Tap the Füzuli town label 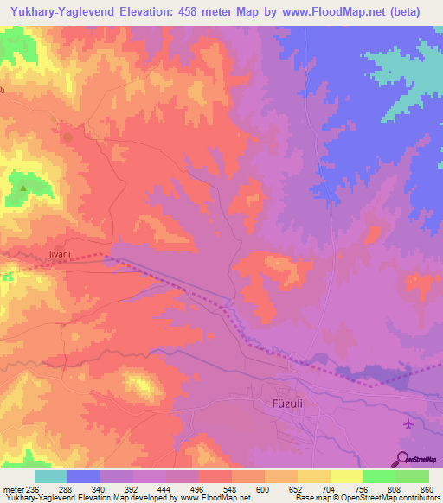[x=280, y=404]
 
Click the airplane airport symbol [x=408, y=423]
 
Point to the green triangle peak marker [x=23, y=187]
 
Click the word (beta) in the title [x=419, y=12]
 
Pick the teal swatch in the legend [x=51, y=476]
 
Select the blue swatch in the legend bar [x=84, y=476]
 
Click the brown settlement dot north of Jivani [x=68, y=136]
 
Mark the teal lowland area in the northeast [x=407, y=78]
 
